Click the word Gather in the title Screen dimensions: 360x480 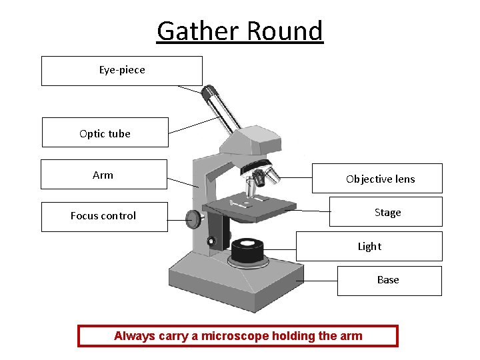pos(198,31)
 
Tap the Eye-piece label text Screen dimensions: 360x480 pos(122,70)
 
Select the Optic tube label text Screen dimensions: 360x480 pos(105,133)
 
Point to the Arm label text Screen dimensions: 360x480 pos(103,175)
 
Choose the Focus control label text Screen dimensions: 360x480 pos(103,216)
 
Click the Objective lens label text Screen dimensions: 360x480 pos(380,179)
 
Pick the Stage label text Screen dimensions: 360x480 pos(387,213)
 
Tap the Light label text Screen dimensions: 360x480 pos(369,247)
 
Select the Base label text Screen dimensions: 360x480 pos(388,280)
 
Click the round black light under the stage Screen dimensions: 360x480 pos(247,249)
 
